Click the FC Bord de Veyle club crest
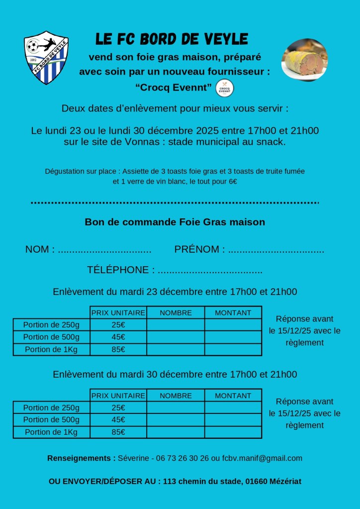point(46,58)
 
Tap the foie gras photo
point(304,60)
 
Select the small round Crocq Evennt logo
point(225,88)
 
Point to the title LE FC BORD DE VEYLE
point(172,39)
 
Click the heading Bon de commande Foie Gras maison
point(175,222)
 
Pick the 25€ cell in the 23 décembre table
point(118,325)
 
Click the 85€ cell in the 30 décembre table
point(118,432)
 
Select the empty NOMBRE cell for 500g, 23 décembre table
point(176,337)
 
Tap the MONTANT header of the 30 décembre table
point(233,396)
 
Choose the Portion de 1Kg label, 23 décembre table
point(51,349)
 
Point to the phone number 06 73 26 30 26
point(182,458)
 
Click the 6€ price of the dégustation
point(232,182)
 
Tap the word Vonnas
point(150,142)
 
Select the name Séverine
point(133,458)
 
